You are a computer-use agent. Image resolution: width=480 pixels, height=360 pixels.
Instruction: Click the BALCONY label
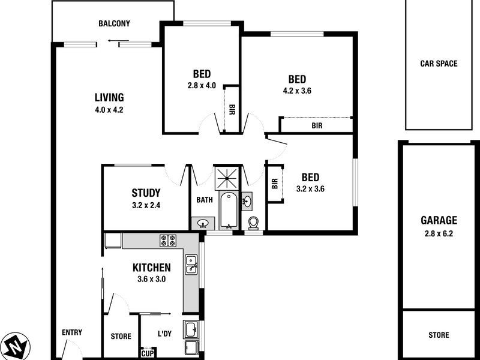[x=114, y=24]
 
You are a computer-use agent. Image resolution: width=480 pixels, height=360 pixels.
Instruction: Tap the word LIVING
[x=109, y=97]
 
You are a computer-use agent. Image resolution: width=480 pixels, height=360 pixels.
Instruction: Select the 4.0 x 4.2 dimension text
[x=109, y=110]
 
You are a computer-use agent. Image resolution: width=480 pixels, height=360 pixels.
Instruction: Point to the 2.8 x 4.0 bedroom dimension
[x=201, y=85]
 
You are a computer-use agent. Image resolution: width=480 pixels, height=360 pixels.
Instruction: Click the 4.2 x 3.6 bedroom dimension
[x=297, y=91]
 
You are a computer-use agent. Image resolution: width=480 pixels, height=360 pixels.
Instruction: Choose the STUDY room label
[x=146, y=193]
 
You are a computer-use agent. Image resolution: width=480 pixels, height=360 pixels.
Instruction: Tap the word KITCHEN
[x=152, y=268]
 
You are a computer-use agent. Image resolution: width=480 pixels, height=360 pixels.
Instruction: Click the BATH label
[x=205, y=200]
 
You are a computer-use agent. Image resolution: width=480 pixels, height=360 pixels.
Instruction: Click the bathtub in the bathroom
[x=227, y=210]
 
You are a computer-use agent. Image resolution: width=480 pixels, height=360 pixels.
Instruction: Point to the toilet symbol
[x=253, y=223]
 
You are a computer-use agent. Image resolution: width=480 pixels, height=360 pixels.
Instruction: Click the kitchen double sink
[x=192, y=264]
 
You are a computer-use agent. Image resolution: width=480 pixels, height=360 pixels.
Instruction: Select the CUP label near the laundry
[x=147, y=353]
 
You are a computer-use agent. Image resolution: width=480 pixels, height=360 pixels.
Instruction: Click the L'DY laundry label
[x=164, y=334]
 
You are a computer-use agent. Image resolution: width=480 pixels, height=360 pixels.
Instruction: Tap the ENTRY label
[x=72, y=332]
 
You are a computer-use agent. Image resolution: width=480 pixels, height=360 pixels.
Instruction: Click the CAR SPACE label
[x=439, y=64]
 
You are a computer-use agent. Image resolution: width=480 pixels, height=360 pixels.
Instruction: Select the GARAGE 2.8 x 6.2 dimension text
[x=439, y=234]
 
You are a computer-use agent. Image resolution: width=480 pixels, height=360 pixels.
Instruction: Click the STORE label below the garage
[x=439, y=335]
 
